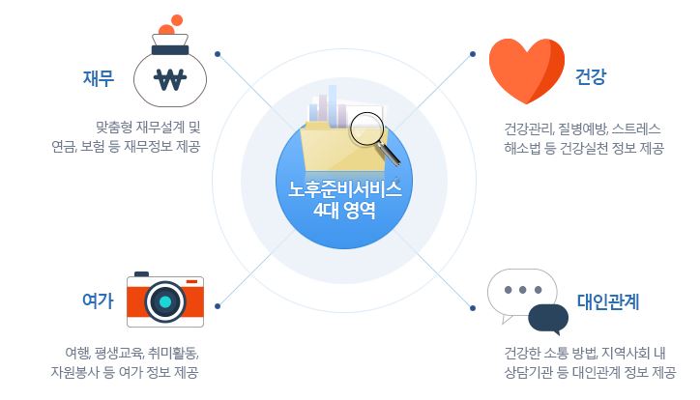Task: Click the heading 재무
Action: click(99, 78)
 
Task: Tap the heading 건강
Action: click(591, 76)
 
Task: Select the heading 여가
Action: click(99, 300)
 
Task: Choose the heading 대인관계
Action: click(608, 301)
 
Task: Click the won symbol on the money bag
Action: click(170, 80)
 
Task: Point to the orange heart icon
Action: click(527, 71)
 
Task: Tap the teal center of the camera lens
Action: click(165, 301)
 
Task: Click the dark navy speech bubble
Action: click(548, 319)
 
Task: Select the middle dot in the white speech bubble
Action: click(522, 290)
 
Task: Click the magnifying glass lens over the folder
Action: click(366, 129)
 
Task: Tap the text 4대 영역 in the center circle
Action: click(344, 210)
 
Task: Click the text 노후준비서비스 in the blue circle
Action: click(344, 189)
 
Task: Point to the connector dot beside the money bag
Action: click(218, 54)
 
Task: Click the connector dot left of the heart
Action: click(473, 54)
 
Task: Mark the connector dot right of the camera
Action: click(218, 306)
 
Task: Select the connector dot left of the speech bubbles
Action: click(473, 307)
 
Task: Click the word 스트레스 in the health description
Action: click(636, 129)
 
